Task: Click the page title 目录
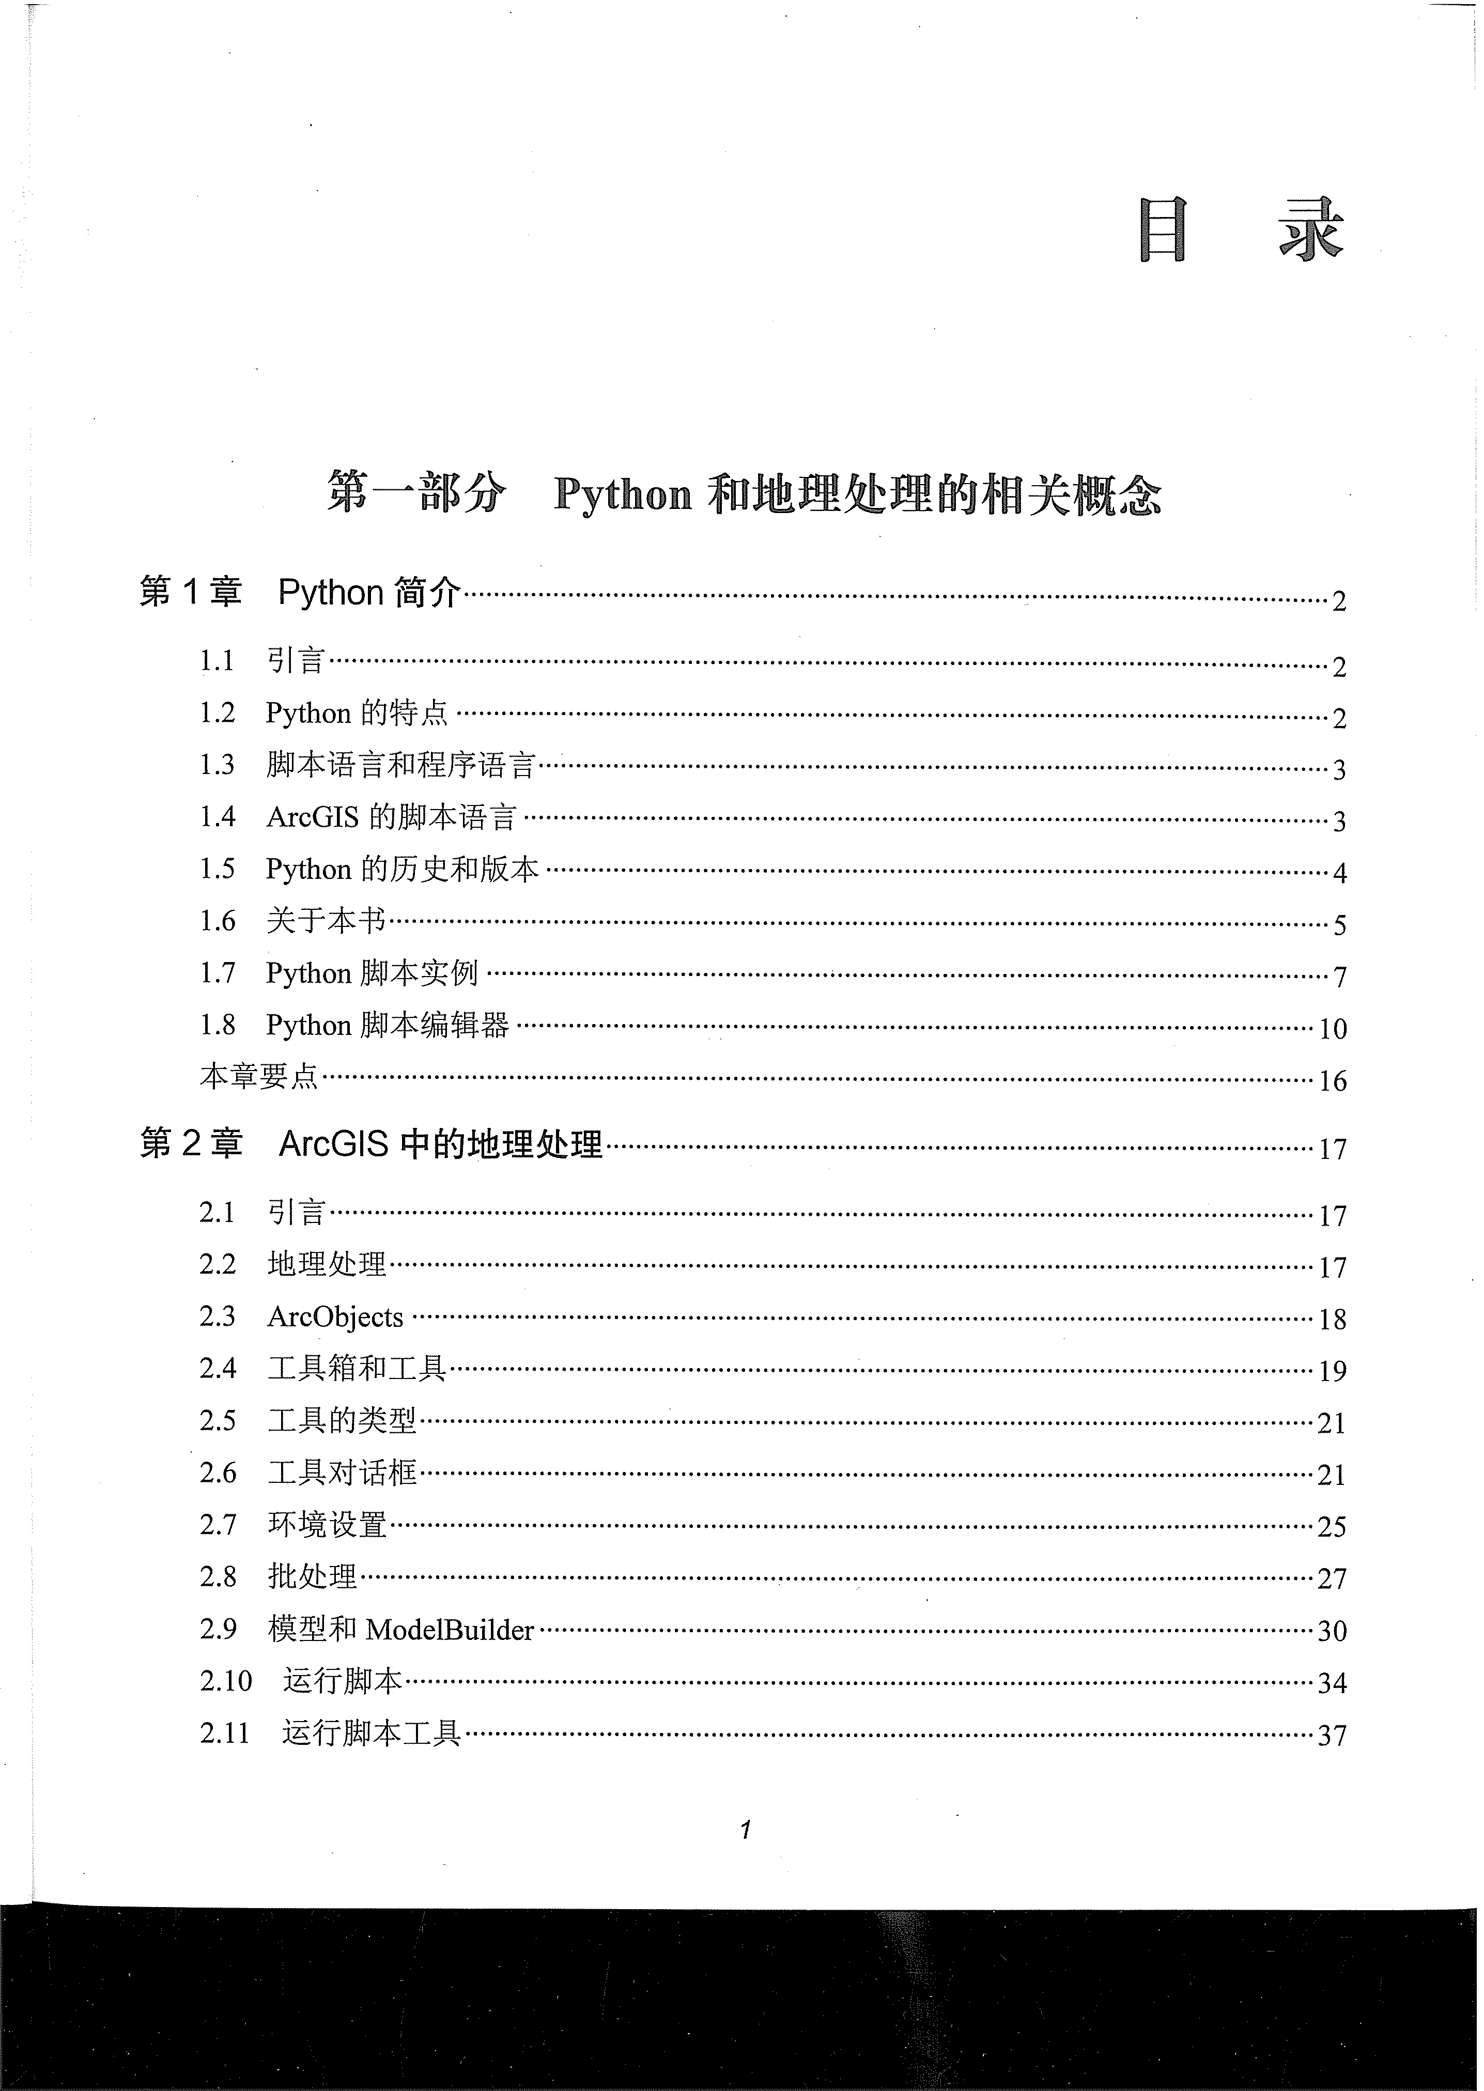tap(1242, 232)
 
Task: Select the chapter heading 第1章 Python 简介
tap(300, 594)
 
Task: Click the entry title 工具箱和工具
tap(357, 1368)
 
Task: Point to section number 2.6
tap(218, 1473)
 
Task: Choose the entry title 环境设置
tap(327, 1525)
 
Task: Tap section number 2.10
tap(226, 1681)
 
